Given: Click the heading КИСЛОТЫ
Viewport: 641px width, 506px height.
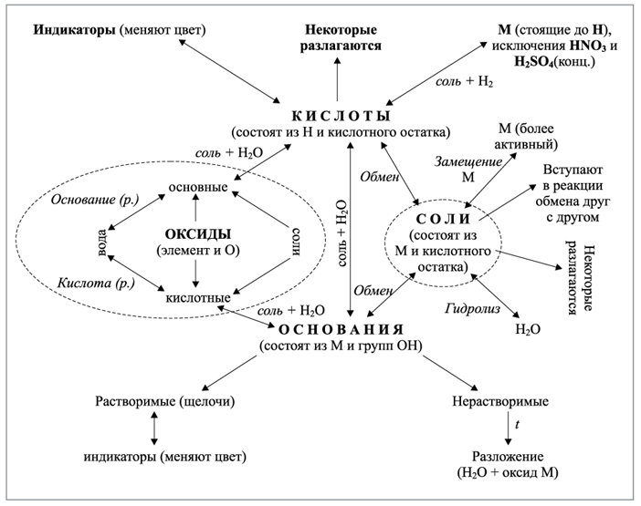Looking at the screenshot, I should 338,117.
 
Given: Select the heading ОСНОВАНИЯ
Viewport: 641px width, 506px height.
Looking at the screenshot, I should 338,329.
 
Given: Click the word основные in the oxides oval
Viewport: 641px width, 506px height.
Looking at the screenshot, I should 196,186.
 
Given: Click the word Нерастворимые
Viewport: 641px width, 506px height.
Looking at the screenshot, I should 500,401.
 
